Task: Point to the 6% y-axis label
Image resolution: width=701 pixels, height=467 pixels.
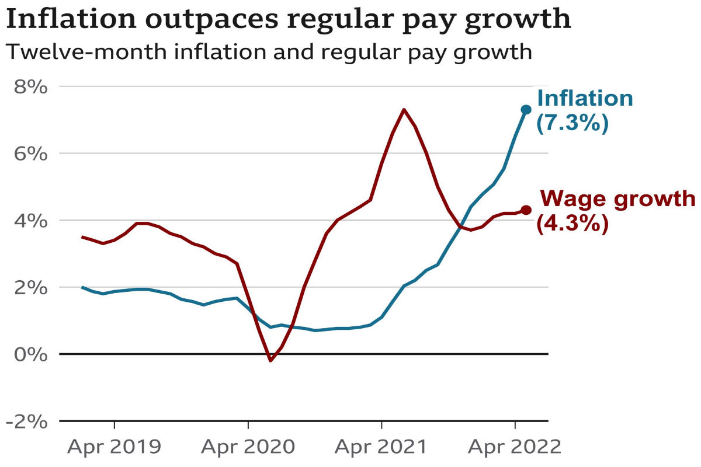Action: tap(29, 154)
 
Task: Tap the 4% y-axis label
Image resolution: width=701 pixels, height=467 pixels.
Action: tap(29, 221)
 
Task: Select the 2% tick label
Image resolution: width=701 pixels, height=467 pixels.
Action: tap(29, 288)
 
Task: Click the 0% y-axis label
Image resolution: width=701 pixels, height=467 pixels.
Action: tap(29, 354)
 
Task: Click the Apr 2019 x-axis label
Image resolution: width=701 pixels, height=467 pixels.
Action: tap(114, 447)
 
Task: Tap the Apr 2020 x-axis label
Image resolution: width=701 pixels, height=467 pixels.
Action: tap(248, 447)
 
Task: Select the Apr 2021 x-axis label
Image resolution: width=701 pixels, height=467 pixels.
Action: tap(381, 447)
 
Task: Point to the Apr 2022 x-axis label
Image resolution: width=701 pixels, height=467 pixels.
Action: tap(515, 447)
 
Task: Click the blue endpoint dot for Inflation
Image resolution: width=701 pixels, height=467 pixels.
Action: tap(526, 109)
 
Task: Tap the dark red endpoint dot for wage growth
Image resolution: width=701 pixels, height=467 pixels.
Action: tap(526, 210)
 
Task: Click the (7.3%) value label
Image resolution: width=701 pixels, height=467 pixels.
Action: tap(572, 124)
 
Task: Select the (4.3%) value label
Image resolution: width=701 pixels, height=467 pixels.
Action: tap(572, 224)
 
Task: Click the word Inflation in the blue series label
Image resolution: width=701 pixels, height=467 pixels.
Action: tap(585, 98)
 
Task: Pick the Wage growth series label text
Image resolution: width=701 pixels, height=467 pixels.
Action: tap(618, 199)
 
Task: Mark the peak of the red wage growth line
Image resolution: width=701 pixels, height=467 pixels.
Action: tap(404, 109)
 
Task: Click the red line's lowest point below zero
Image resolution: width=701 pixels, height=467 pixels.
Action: tap(270, 361)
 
